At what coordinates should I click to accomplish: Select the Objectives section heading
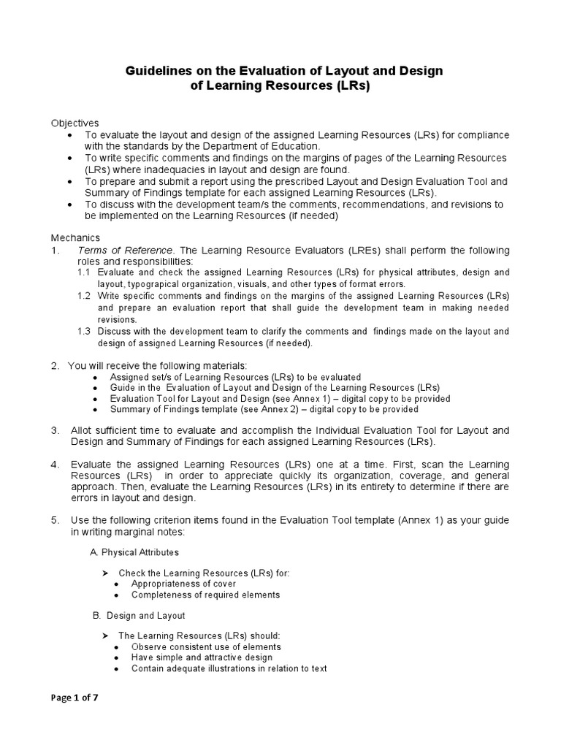pos(75,123)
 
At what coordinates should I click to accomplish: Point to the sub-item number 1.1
pos(84,272)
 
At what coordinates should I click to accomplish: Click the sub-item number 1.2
pos(84,296)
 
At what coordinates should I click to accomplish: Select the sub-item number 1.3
pos(84,331)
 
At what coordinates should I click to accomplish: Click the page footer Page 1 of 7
pos(75,697)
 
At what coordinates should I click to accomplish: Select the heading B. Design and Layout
pos(138,616)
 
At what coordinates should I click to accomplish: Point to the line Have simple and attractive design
pos(202,657)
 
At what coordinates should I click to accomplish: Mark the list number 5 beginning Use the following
pos(55,520)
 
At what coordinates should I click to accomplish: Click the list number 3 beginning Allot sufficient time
pos(55,430)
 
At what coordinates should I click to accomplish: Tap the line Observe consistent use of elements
pos(206,646)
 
